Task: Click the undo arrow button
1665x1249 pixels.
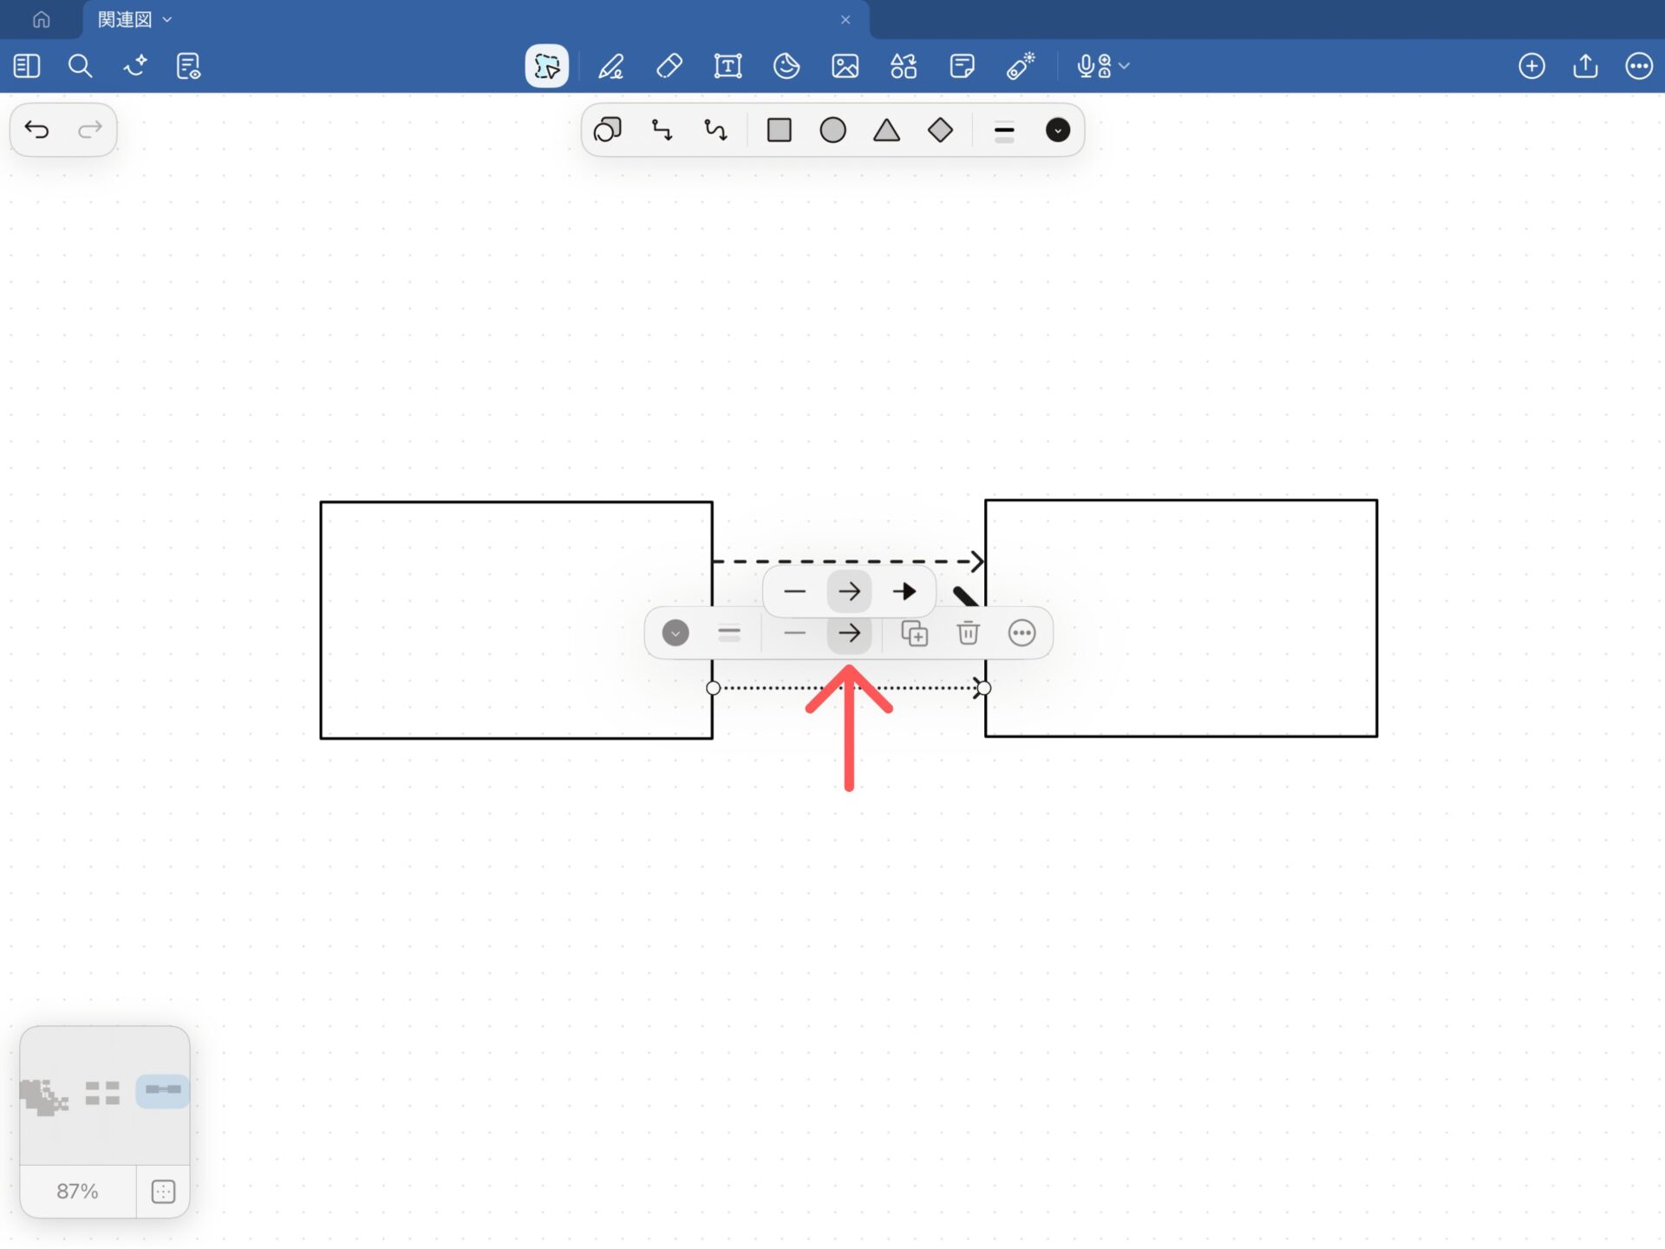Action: point(36,130)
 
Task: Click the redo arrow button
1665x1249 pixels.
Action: point(90,130)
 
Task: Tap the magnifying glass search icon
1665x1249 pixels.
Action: point(80,66)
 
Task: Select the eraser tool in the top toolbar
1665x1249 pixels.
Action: point(669,66)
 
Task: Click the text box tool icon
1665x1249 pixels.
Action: point(728,66)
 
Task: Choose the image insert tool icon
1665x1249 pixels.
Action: point(845,66)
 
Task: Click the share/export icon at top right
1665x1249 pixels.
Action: point(1585,66)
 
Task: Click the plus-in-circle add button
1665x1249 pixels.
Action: point(1531,66)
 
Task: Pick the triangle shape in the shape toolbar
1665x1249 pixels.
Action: point(886,131)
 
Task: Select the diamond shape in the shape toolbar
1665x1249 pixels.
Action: point(940,130)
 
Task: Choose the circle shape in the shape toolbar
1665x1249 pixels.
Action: point(832,130)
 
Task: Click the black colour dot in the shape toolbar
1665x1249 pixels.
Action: point(1057,130)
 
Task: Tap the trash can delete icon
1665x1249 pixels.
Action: point(968,633)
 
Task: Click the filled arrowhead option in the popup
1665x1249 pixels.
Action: point(904,592)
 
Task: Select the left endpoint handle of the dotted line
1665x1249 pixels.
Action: point(713,688)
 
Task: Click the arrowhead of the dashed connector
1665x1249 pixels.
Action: point(977,561)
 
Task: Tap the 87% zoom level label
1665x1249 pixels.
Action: point(77,1191)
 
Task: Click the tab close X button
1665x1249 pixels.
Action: point(846,20)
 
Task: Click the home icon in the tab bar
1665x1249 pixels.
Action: point(41,19)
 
